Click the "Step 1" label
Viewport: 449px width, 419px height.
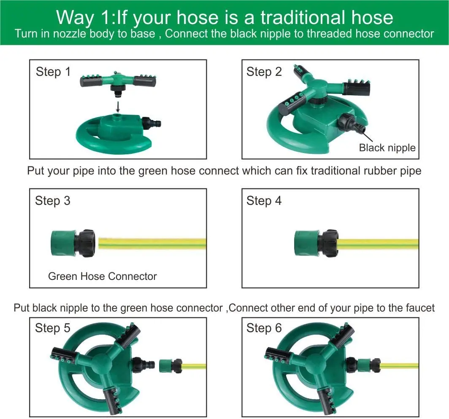[53, 72]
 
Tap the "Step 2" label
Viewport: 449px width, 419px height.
[264, 72]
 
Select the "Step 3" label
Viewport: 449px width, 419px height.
[53, 201]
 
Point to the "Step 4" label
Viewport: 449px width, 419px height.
[264, 201]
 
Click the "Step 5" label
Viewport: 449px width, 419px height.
[53, 328]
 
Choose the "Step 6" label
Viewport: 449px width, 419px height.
[264, 328]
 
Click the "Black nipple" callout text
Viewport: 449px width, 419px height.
[387, 148]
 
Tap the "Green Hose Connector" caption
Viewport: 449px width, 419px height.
[103, 276]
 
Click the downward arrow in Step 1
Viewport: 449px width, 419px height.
[118, 106]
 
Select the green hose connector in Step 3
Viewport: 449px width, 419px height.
[73, 243]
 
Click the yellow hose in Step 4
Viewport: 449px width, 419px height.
[378, 244]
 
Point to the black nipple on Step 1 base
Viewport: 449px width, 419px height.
[151, 123]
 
